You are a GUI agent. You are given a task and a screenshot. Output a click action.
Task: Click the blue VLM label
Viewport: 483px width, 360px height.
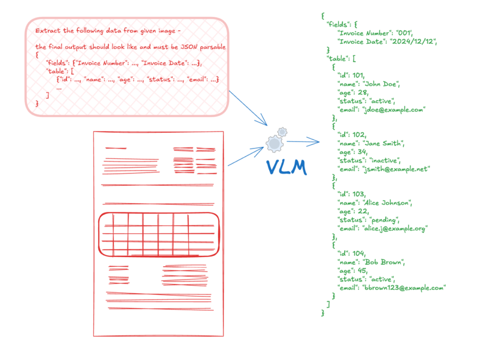click(287, 167)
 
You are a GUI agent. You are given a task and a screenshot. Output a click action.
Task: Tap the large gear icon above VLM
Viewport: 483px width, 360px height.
click(274, 144)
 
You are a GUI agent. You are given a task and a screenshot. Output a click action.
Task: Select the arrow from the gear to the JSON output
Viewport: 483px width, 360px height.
click(303, 142)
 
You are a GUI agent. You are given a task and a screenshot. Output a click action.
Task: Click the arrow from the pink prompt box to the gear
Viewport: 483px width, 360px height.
click(247, 108)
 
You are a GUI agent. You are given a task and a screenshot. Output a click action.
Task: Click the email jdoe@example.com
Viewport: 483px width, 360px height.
click(394, 110)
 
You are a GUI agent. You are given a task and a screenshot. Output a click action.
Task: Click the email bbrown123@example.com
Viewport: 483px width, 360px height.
click(404, 287)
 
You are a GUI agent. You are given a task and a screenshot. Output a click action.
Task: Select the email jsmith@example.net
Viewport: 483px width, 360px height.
click(396, 169)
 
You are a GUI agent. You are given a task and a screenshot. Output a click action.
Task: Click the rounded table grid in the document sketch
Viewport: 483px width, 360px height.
click(158, 234)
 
